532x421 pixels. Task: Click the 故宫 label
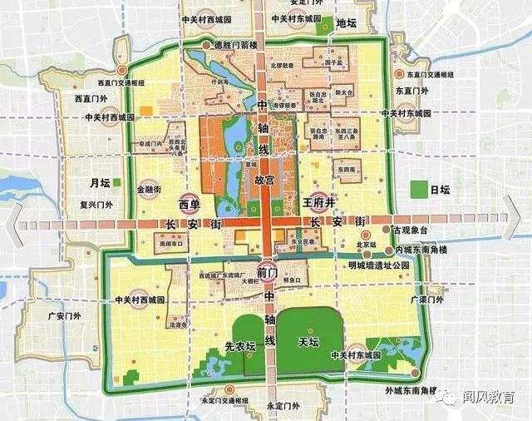264,179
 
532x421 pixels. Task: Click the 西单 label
190,204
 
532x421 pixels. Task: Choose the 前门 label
267,273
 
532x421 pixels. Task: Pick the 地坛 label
347,22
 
